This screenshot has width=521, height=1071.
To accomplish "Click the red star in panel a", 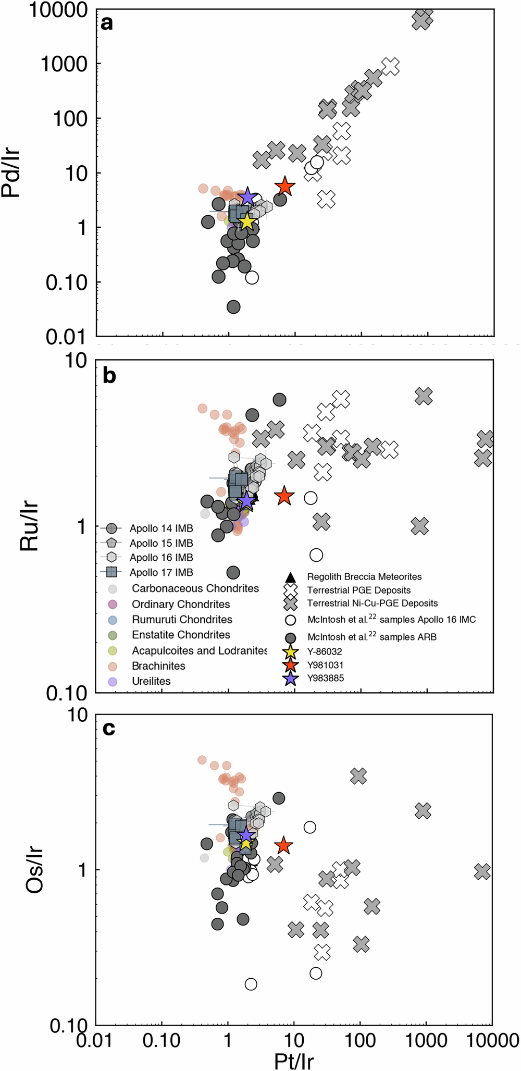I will tap(285, 186).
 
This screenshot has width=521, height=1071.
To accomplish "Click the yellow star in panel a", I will tap(246, 221).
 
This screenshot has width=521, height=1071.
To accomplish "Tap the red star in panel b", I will tap(284, 496).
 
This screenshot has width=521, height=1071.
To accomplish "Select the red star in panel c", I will tap(283, 845).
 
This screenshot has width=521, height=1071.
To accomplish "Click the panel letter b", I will tap(109, 376).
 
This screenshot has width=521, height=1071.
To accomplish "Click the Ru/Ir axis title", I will tap(30, 527).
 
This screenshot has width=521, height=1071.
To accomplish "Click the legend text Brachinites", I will tap(158, 666).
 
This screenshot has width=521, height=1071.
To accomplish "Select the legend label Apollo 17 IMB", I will tap(161, 572).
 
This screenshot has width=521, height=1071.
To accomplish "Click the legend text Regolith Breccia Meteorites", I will tap(364, 576).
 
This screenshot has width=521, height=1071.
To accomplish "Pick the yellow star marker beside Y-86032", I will tap(290, 651).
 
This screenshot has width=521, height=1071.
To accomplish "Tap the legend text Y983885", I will tap(326, 678).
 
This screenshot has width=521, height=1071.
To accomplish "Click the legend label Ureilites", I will tap(151, 681).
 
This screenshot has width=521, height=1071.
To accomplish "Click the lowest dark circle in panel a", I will tap(233, 306).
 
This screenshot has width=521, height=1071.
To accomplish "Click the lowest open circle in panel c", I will tap(251, 984).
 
